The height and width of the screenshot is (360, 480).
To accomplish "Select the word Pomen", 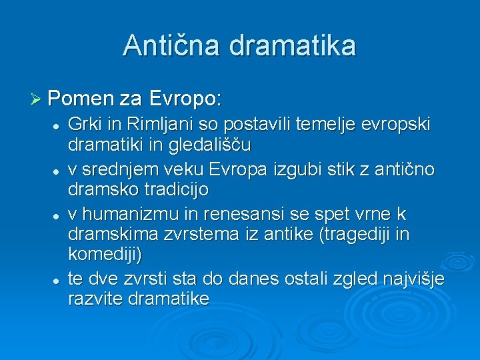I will point(81,100).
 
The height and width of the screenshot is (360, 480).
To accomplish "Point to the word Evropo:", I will point(185,100).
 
